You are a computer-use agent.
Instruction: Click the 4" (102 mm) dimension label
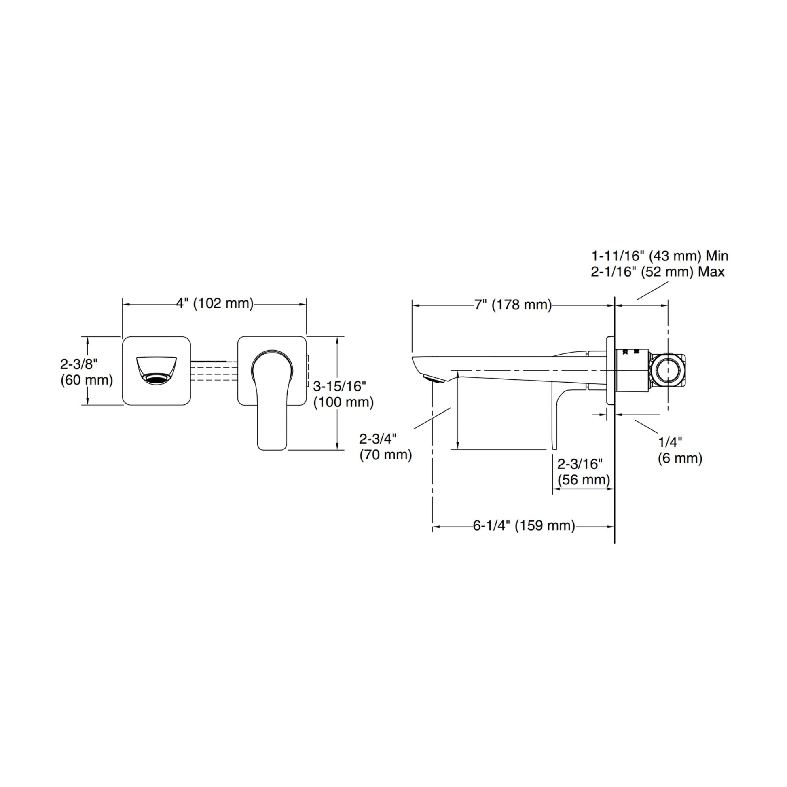tap(215, 303)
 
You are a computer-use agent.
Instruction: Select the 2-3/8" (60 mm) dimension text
tap(87, 372)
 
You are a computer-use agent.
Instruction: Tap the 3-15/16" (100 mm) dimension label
tap(343, 394)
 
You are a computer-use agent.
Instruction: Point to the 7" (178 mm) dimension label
tap(513, 304)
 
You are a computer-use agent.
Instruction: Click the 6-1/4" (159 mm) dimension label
tap(524, 525)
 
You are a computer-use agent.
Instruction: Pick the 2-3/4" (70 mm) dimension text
tap(385, 446)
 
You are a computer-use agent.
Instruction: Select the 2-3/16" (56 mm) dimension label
tap(583, 471)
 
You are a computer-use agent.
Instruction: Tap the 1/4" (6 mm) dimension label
tap(680, 450)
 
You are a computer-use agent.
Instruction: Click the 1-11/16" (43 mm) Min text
tap(660, 256)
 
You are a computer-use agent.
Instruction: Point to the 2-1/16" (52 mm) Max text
tap(658, 271)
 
